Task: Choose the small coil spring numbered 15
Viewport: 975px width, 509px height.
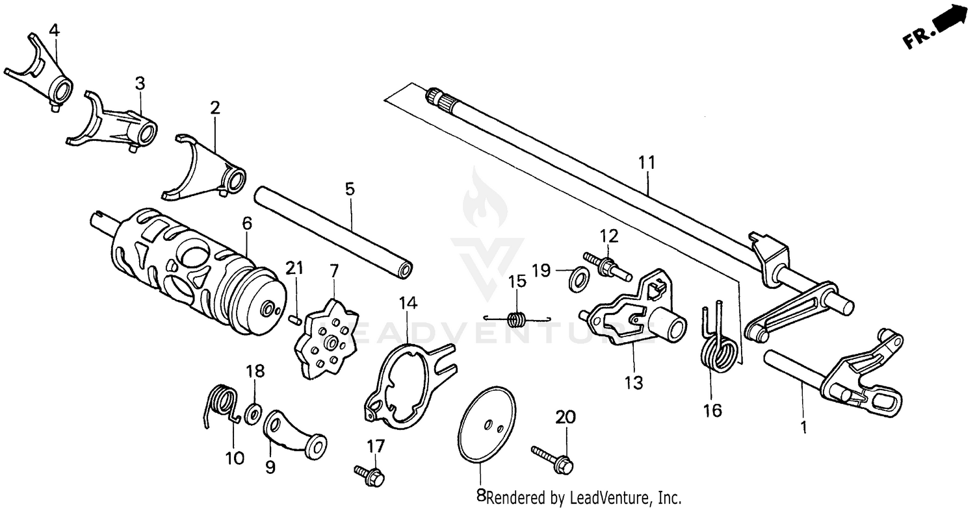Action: [517, 319]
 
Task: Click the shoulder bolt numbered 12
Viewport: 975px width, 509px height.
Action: [608, 267]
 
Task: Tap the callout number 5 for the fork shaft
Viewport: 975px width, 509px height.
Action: [350, 189]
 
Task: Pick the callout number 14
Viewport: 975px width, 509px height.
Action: [408, 303]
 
